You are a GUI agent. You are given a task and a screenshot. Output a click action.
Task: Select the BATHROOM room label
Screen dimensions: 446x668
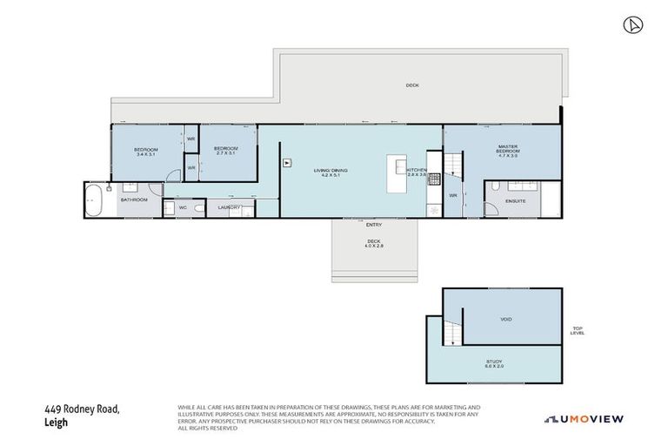[134, 200]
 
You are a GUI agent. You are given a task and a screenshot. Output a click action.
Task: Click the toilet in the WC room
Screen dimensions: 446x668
[199, 208]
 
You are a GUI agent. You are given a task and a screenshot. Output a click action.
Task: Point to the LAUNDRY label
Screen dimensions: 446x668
[229, 207]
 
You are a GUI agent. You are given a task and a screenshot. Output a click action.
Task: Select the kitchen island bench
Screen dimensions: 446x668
[397, 176]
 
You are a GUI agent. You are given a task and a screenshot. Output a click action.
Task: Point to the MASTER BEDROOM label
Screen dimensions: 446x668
[508, 151]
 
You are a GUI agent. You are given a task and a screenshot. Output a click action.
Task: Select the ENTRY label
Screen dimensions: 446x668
[374, 225]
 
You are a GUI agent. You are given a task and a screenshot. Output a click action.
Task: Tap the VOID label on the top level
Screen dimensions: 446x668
[506, 319]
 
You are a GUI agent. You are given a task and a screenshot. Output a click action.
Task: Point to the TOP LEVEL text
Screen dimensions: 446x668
[578, 330]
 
